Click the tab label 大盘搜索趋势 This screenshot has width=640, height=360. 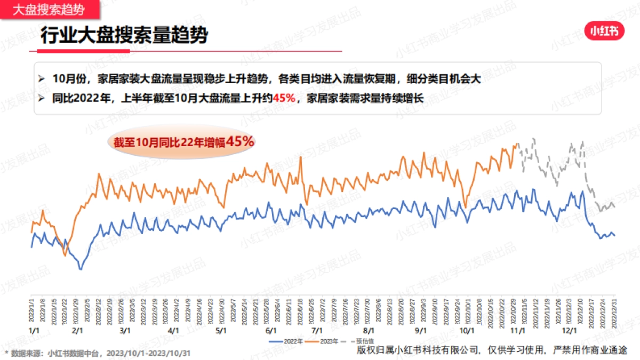coord(49,9)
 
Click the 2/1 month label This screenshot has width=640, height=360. coord(77,331)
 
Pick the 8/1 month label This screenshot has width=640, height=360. coord(368,331)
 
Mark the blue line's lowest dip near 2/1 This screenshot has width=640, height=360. coord(81,269)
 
